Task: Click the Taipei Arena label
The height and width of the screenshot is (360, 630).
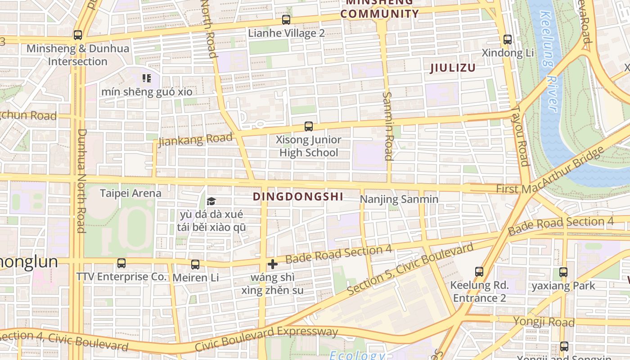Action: pos(130,193)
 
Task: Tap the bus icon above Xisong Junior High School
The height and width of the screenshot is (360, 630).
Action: pos(308,126)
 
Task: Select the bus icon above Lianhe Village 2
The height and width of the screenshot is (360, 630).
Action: pos(286,20)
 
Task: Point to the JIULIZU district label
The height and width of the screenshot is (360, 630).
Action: pos(453,68)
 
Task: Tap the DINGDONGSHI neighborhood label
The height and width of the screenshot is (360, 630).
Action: pos(298,197)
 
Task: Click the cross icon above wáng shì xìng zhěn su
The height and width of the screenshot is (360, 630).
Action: pos(272,264)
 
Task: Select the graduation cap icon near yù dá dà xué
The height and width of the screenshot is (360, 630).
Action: pos(211,201)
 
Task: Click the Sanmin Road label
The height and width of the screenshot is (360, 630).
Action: pos(388,126)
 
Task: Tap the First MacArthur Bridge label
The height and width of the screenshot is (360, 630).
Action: pos(549,171)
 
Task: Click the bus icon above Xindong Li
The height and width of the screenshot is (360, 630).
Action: pos(508,40)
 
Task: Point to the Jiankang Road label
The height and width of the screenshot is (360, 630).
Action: pos(196,139)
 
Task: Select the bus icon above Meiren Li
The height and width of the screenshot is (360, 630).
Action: pos(195,264)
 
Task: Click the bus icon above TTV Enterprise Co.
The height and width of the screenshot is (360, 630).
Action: pos(121,263)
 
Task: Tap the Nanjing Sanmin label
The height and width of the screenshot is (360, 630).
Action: pos(399,199)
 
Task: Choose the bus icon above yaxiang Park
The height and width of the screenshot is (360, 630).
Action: pos(563,272)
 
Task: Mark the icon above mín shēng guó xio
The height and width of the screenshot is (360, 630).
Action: pos(146,79)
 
